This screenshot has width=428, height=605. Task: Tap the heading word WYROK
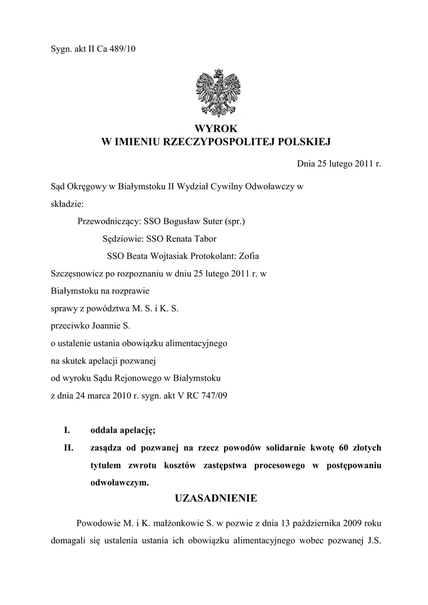pos(215,128)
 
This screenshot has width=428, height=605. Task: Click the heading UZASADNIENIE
pos(216,499)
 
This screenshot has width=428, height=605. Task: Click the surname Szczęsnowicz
pos(74,274)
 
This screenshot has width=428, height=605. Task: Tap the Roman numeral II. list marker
pos(68,448)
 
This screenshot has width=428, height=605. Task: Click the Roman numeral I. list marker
pos(67,431)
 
